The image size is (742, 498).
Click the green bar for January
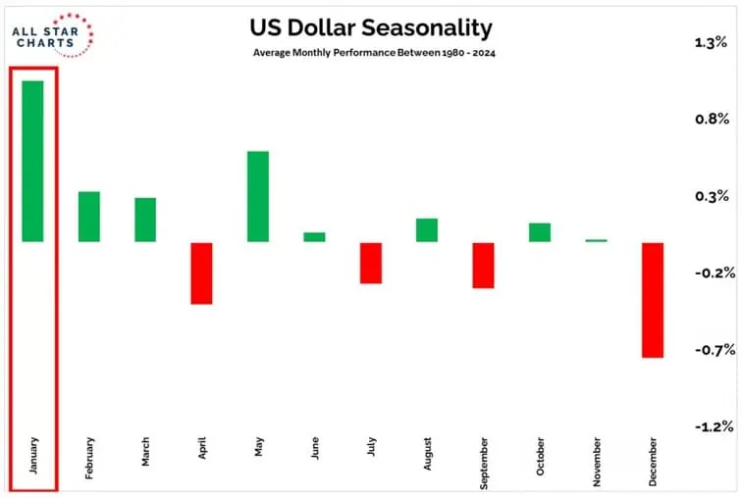click(x=32, y=160)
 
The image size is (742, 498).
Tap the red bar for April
click(x=201, y=273)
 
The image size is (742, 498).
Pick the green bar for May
click(x=258, y=196)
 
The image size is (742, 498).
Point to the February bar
click(x=89, y=216)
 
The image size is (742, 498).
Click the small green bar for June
click(x=314, y=236)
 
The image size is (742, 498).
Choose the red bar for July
click(x=370, y=263)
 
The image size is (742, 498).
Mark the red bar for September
click(x=483, y=265)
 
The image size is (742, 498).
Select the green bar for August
click(x=426, y=229)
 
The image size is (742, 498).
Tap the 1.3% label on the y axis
click(x=710, y=42)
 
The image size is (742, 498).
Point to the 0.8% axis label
click(x=710, y=119)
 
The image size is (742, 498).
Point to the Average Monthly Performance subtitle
click(x=371, y=54)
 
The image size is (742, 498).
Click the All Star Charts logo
click(x=52, y=36)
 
